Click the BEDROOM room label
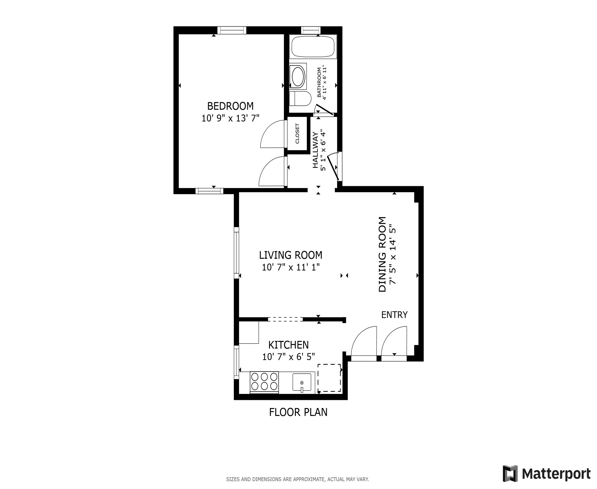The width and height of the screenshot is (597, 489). coord(230,106)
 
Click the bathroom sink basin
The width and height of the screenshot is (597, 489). coord(298,76)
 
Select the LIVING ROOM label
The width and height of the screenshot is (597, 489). coord(291,255)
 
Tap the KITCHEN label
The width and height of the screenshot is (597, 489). coord(288,345)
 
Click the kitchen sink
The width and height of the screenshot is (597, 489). coord(302,382)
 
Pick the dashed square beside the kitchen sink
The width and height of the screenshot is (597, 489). coord(329,378)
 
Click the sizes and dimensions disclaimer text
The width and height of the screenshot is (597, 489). coord(297,479)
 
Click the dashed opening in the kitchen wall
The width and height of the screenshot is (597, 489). coord(285,319)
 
